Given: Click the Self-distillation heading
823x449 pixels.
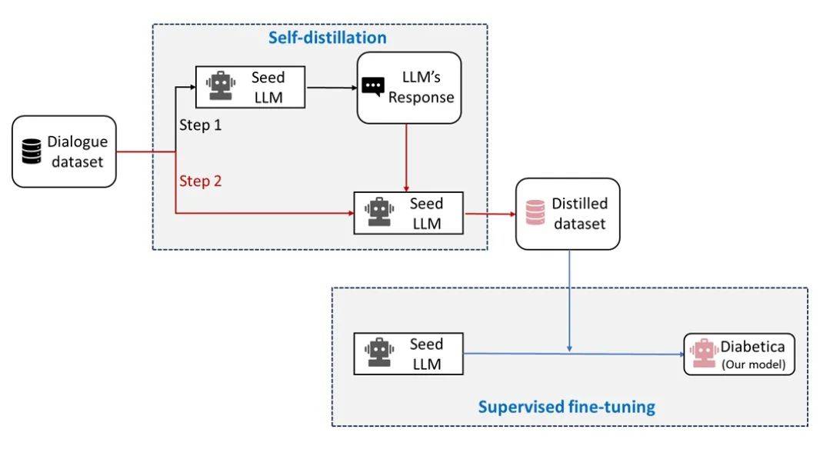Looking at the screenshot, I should point(327,37).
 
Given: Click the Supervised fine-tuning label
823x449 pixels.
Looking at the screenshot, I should point(566,407).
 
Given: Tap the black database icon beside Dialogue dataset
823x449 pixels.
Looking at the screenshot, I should point(31,151).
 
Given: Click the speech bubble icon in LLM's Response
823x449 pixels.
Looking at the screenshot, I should point(373,86).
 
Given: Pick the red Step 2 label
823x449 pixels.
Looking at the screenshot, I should point(200,181).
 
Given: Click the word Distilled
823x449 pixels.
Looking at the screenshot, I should point(579,204).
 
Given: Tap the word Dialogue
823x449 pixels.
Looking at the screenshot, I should point(78,141).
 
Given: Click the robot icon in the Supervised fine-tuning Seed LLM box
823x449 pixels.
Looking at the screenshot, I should point(378,353).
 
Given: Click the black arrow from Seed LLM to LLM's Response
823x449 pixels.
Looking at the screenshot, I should point(331,87).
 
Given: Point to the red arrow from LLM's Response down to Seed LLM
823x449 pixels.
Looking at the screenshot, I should point(406,158).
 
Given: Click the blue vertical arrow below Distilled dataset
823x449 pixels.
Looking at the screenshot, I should point(569,300).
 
